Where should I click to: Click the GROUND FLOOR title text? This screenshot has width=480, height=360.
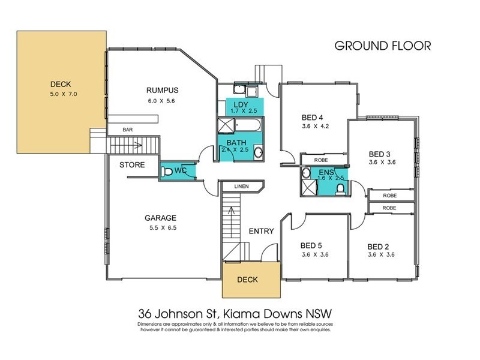click(x=382, y=46)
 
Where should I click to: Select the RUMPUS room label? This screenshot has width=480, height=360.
click(x=163, y=91)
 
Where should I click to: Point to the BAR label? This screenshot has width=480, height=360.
click(x=127, y=129)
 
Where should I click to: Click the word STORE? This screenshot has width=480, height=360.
click(x=131, y=164)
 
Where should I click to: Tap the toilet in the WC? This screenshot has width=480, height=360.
click(x=167, y=172)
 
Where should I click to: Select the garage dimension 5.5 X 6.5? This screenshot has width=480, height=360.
click(x=160, y=229)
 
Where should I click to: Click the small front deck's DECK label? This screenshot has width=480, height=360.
click(x=248, y=279)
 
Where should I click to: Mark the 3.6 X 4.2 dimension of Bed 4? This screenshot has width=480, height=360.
click(x=316, y=127)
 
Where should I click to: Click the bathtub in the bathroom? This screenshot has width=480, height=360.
click(x=247, y=125)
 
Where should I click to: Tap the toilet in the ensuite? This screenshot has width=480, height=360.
click(x=340, y=188)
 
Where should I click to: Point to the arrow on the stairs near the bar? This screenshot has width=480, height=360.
click(x=139, y=145)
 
